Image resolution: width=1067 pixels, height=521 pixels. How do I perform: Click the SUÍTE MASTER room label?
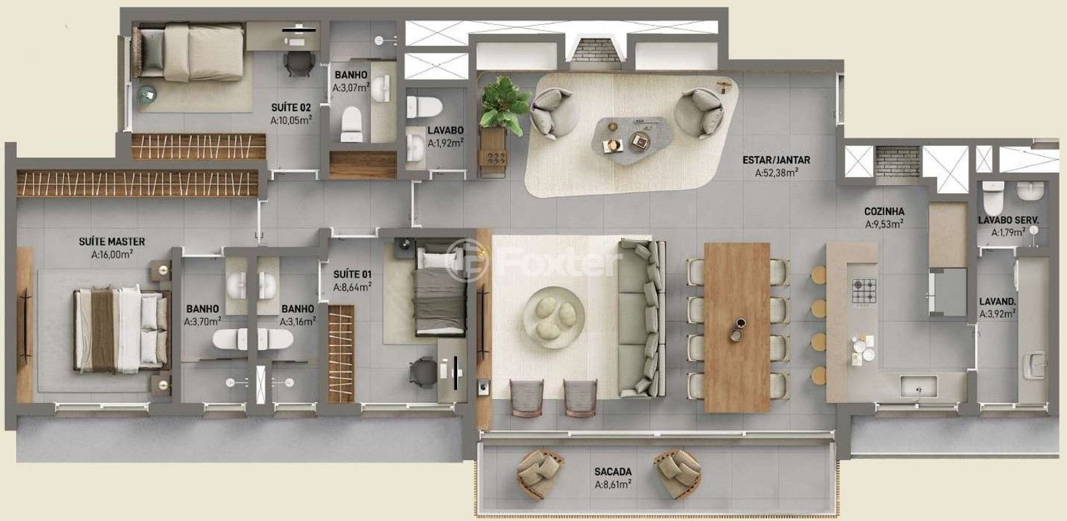click(x=112, y=242)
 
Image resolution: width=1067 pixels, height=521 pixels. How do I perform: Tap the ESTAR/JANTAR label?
click(x=777, y=160)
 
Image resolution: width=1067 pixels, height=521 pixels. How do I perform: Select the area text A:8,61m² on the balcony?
click(x=613, y=485)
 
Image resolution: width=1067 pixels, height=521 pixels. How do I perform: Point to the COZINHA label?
click(x=884, y=212)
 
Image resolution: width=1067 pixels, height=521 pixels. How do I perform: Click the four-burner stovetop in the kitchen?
click(x=864, y=292)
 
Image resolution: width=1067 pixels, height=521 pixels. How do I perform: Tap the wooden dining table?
click(x=737, y=327)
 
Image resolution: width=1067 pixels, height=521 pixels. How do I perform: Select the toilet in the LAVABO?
click(x=425, y=107)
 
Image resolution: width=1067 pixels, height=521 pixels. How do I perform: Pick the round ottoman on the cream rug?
click(x=554, y=317)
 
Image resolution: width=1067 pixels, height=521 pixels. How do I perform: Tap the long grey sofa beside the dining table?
click(x=642, y=318)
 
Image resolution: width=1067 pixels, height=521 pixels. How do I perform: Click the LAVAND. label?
click(x=997, y=301)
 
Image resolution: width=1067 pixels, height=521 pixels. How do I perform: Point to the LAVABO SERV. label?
click(x=1009, y=220)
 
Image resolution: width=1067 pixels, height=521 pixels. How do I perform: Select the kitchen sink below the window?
click(x=918, y=386)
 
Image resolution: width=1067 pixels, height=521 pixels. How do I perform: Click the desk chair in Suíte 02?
click(x=299, y=63)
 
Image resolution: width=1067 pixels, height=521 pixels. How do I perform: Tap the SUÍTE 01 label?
click(x=353, y=274)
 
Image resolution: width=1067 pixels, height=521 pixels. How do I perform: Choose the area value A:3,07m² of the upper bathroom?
click(x=351, y=88)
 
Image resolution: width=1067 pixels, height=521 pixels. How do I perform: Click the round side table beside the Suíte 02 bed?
click(x=147, y=95)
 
